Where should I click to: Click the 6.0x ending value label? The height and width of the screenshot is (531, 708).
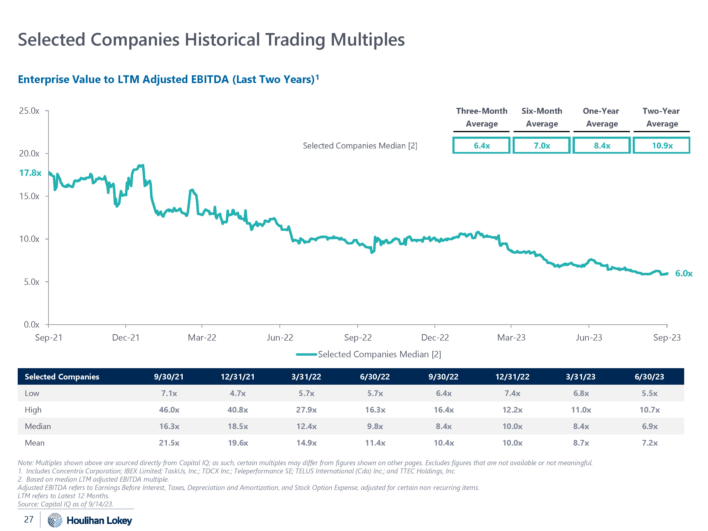[683, 273]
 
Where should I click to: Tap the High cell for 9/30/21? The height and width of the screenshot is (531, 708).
[169, 410]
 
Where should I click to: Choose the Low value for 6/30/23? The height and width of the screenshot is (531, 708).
[649, 393]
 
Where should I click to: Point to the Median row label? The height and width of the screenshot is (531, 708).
[38, 426]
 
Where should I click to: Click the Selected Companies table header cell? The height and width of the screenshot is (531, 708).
[62, 377]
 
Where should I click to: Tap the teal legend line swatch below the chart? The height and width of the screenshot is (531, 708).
[306, 354]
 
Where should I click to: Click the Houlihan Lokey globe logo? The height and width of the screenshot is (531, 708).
[55, 520]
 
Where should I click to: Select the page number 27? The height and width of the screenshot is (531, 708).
[29, 519]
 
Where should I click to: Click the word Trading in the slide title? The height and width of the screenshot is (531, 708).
[295, 40]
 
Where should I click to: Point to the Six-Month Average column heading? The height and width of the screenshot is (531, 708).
[542, 117]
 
